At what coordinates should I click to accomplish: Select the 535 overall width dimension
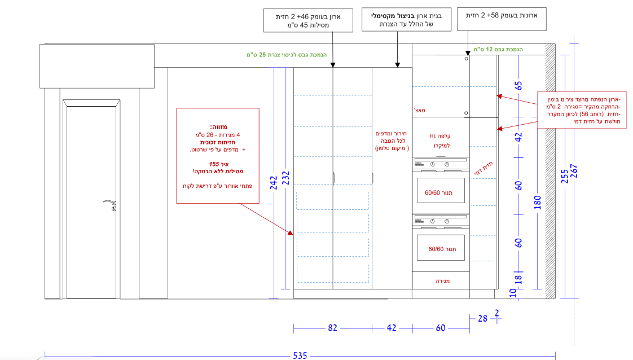300,355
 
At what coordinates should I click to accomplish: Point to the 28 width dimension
482,319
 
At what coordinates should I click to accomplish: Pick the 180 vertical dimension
537,203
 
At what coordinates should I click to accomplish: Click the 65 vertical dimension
518,86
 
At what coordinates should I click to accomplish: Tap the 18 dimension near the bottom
518,278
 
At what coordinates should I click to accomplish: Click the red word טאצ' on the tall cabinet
420,110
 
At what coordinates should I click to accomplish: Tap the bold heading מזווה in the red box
218,127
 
